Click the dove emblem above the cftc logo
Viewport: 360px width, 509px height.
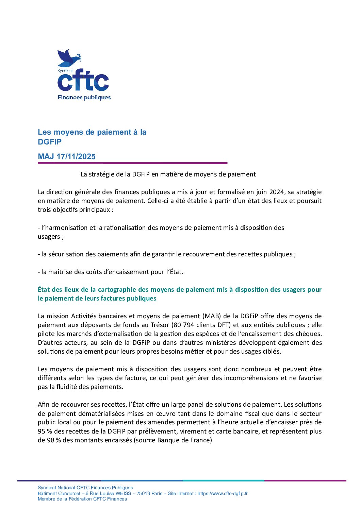coord(69,58)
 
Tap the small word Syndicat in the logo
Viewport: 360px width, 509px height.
coord(65,71)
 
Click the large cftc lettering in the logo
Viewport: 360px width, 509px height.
coord(83,82)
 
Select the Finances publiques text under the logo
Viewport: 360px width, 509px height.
coord(84,98)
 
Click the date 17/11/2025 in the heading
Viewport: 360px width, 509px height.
coord(76,157)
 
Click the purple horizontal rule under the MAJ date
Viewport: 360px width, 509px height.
coord(132,163)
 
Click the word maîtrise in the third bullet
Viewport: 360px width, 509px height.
coord(58,272)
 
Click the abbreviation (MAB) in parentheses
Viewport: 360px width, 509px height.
coord(212,316)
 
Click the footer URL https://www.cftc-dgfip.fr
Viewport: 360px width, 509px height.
coord(223,493)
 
